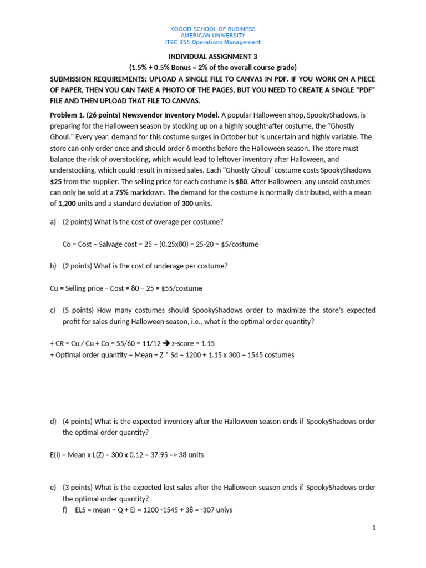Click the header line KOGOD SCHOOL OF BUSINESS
(x=213, y=29)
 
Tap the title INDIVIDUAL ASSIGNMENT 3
(x=213, y=57)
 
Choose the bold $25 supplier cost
(x=57, y=181)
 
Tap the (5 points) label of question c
(x=78, y=311)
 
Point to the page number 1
(x=374, y=528)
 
